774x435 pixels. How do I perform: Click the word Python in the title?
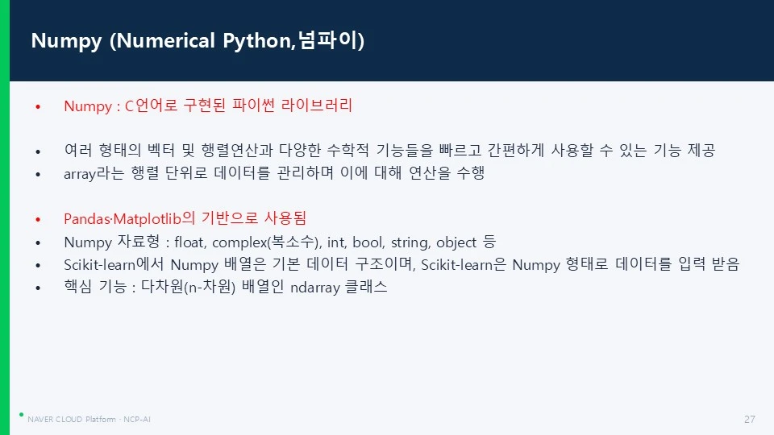point(259,41)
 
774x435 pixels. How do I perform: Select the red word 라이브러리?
point(316,105)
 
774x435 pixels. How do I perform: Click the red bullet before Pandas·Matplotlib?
point(38,219)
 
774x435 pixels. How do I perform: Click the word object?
point(456,242)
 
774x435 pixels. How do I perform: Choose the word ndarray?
point(315,288)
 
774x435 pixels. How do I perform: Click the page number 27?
point(749,419)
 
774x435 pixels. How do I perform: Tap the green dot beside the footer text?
point(21,415)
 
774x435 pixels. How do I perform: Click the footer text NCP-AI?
point(137,419)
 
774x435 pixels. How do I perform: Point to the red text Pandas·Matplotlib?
point(123,219)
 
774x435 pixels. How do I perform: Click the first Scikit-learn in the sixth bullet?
point(99,265)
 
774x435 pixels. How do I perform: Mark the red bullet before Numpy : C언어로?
point(38,106)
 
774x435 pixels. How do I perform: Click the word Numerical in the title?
point(166,40)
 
